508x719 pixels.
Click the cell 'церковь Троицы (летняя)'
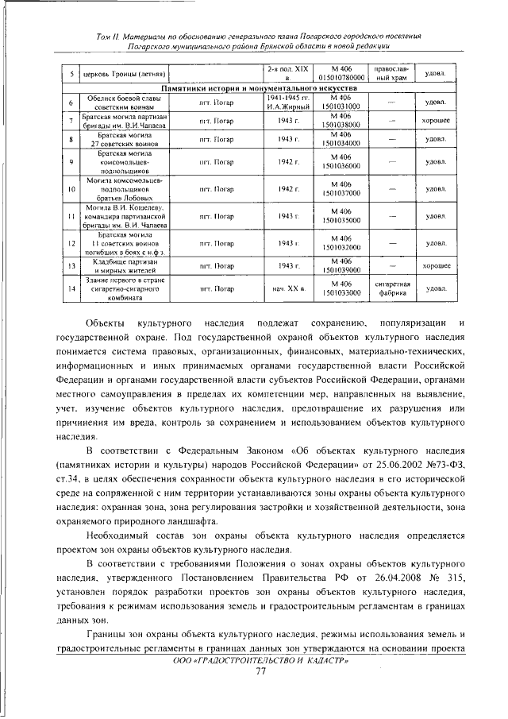119,74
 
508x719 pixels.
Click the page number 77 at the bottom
260,672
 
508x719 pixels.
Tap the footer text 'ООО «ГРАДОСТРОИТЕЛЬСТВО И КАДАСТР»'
260,660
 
